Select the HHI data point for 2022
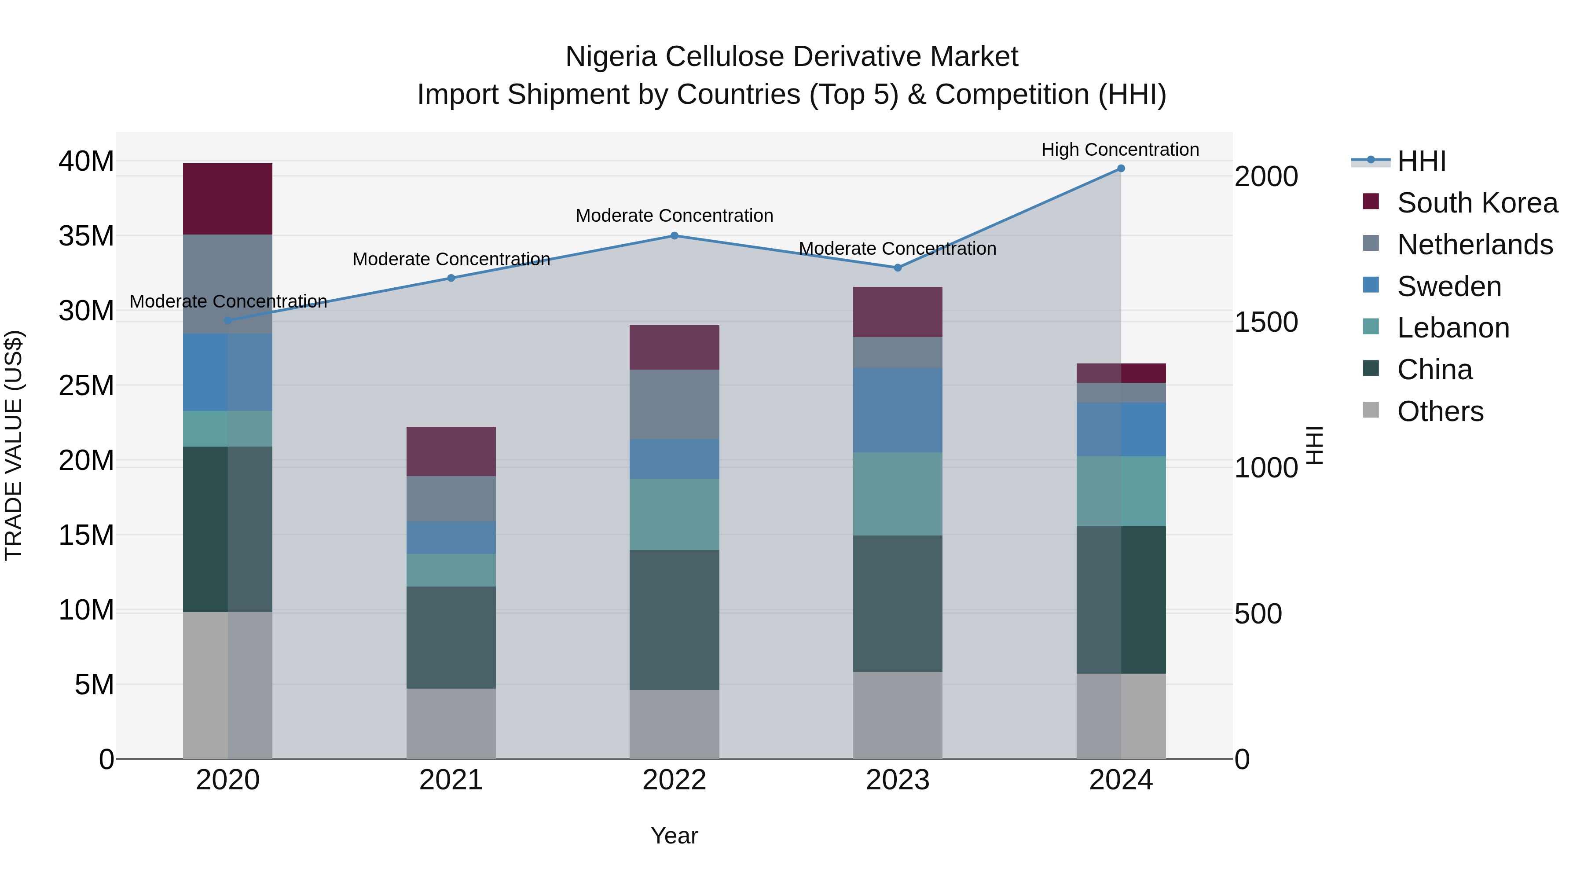pyautogui.click(x=674, y=235)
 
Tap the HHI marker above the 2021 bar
pyautogui.click(x=451, y=278)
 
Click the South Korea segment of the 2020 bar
pyautogui.click(x=227, y=198)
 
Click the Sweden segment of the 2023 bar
pyautogui.click(x=897, y=410)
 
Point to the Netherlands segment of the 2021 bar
pyautogui.click(x=451, y=499)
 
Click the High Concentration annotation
pyautogui.click(x=1120, y=150)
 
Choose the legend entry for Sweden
pyautogui.click(x=1449, y=286)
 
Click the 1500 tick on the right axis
pyautogui.click(x=1265, y=322)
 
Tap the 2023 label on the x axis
pyautogui.click(x=897, y=780)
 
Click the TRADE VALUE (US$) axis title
pyautogui.click(x=14, y=445)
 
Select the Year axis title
pyautogui.click(x=674, y=836)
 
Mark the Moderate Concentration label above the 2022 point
pyautogui.click(x=674, y=216)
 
